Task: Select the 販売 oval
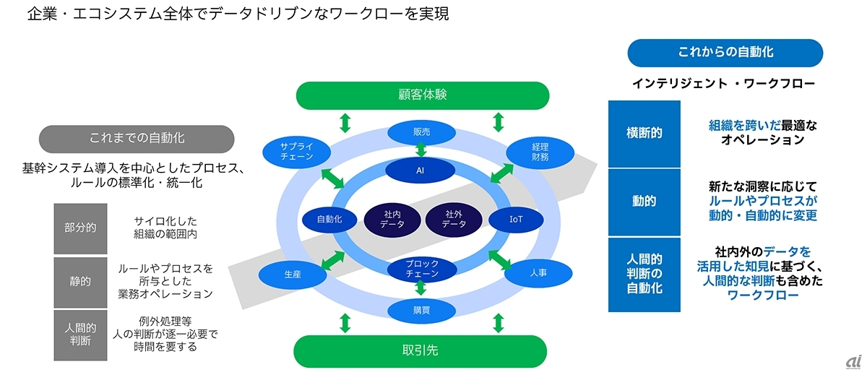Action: click(421, 132)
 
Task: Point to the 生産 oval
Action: click(293, 275)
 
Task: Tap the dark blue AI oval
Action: click(420, 171)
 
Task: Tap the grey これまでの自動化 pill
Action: click(136, 138)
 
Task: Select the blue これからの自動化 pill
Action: click(725, 53)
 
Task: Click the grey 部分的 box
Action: click(80, 228)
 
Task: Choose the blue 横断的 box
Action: click(644, 134)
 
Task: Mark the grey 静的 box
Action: click(80, 282)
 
